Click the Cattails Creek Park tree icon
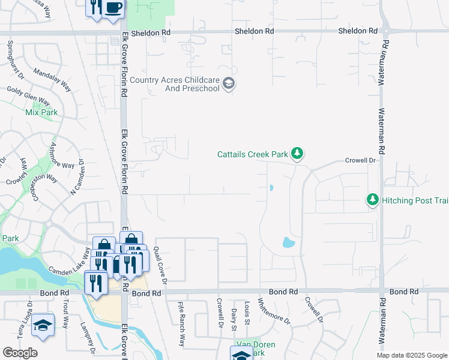297,154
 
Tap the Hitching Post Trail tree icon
373,200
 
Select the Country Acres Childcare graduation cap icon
228,83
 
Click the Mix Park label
41,112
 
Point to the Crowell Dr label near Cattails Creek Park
360,160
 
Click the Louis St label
247,313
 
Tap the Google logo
20,353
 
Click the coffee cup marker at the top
113,8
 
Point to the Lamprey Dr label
88,337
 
